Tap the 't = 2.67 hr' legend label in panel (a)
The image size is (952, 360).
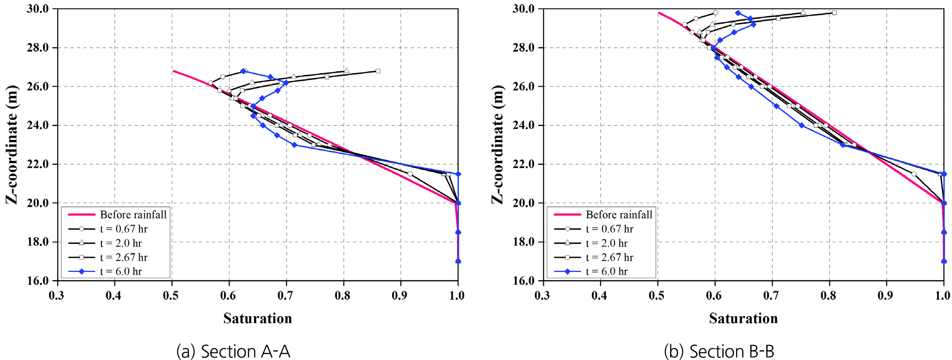124,257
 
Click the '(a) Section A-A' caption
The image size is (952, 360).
233,351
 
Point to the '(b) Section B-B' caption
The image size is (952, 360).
719,351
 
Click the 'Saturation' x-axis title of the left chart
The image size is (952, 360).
257,318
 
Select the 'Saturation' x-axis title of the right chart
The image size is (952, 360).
743,318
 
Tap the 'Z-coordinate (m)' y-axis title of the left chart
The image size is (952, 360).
12,144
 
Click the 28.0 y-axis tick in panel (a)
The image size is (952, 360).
38,48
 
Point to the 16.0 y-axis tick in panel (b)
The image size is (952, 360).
524,281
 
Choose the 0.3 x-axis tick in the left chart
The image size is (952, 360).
57,296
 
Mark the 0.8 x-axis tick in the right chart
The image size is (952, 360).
828,296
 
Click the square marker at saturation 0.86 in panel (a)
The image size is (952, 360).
378,71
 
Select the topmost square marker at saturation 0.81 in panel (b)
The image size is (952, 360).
834,13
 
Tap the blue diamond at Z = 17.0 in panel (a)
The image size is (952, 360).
458,261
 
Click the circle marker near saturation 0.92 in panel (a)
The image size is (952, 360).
410,174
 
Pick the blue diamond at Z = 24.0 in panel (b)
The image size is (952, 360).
802,126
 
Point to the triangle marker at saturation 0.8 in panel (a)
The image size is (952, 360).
346,71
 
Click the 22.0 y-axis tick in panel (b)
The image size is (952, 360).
524,164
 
